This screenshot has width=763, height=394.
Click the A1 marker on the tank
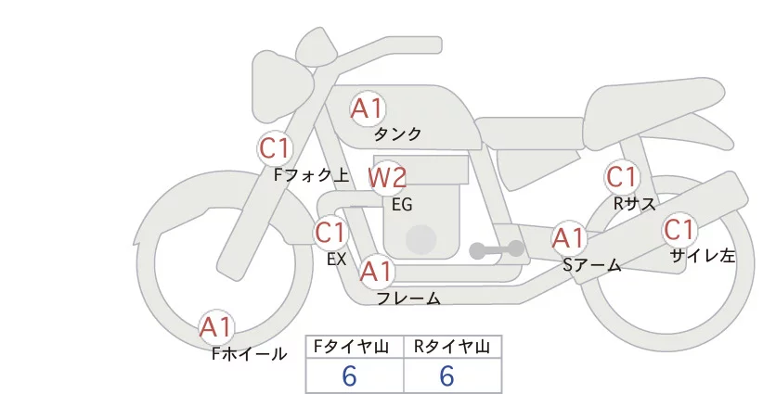[x=367, y=108]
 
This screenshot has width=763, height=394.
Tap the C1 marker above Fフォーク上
[x=275, y=147]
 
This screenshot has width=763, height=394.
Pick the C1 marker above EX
[x=330, y=232]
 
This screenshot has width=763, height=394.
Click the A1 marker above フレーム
[x=376, y=272]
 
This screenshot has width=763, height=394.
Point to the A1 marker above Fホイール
[x=217, y=327]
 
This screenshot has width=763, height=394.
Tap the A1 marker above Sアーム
[x=568, y=238]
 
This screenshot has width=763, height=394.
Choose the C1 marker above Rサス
[x=621, y=176]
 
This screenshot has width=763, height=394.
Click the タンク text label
[x=397, y=133]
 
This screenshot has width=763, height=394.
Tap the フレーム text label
[x=408, y=299]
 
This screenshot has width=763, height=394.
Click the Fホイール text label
[x=250, y=353]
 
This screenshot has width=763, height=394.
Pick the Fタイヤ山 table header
[x=355, y=347]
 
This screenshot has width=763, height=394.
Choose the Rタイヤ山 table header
[x=452, y=347]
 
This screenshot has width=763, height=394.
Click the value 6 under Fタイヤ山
[x=349, y=376]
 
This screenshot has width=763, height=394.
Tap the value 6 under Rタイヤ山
[x=446, y=376]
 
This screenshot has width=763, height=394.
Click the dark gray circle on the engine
[x=421, y=238]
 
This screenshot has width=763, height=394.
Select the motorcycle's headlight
[x=283, y=72]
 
